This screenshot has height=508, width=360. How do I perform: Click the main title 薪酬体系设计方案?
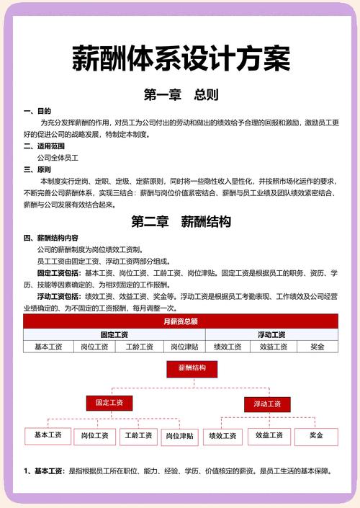(x=180, y=58)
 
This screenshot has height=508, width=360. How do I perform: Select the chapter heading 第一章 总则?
(x=180, y=94)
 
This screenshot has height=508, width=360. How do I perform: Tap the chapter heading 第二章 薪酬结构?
(x=180, y=222)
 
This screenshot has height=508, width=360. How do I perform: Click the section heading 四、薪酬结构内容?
(x=51, y=238)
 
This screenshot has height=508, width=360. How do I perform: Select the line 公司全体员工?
(x=58, y=157)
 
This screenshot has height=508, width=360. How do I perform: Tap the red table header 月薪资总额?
(x=180, y=321)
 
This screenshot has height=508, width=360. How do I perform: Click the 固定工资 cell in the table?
(x=114, y=334)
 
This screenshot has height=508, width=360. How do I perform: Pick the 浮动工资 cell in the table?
(x=271, y=334)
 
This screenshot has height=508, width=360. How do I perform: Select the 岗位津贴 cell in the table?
(x=182, y=347)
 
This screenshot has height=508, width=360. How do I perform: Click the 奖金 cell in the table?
(x=318, y=347)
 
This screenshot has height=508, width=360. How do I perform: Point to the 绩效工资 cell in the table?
(x=228, y=347)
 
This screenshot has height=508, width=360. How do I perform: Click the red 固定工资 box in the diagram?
(x=109, y=403)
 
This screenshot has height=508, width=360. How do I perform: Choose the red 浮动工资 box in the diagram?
(x=266, y=404)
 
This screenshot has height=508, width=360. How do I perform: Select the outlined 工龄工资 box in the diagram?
(x=139, y=436)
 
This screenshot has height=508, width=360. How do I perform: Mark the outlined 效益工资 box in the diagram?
(x=269, y=436)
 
